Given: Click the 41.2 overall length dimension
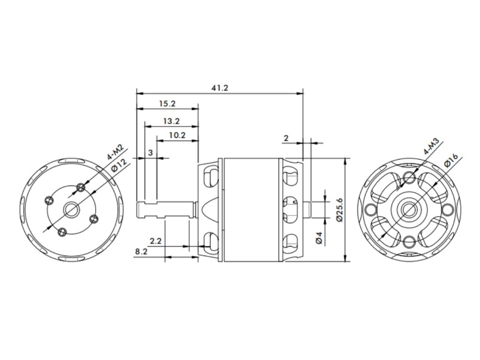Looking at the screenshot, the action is point(220,88).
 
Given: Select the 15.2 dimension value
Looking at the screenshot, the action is point(167,104).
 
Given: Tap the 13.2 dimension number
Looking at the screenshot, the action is point(171,121).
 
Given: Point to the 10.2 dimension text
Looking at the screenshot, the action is point(177,135).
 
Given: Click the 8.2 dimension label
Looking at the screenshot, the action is point(141,252).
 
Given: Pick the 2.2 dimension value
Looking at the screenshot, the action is point(156,241).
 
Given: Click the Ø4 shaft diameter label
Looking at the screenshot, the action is point(319,238).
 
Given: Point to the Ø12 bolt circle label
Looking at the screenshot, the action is point(120,165).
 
